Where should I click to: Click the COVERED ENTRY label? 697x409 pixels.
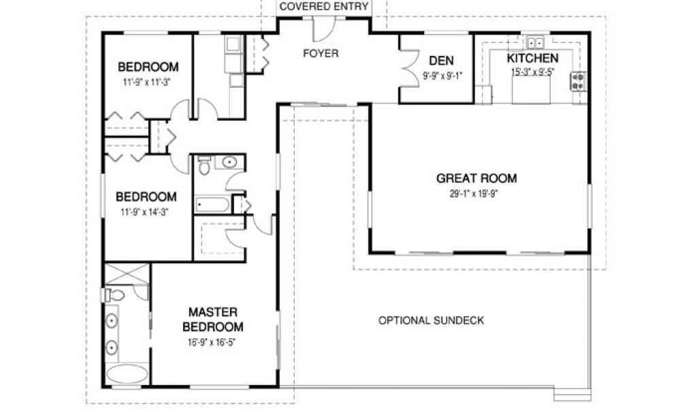click(323, 7)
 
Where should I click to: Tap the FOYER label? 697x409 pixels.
click(321, 53)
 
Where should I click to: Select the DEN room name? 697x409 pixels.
click(441, 61)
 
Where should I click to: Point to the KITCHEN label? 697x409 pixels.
click(532, 59)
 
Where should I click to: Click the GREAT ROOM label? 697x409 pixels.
click(476, 179)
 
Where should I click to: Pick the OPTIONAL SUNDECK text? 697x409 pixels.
click(431, 320)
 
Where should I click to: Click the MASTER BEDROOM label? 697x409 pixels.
click(213, 320)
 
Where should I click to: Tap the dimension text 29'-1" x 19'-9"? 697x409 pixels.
click(476, 194)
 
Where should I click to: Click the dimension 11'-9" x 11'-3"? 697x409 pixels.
click(147, 82)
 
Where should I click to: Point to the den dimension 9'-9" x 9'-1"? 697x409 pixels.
click(442, 76)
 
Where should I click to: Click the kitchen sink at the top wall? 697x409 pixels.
click(535, 43)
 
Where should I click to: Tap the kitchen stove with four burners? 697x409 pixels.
click(578, 81)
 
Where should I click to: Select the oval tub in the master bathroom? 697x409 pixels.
click(127, 374)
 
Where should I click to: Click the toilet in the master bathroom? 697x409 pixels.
click(114, 295)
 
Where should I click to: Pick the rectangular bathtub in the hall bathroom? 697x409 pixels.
click(212, 204)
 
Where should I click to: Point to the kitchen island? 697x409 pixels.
click(531, 89)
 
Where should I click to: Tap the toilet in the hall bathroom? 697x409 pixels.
click(204, 165)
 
